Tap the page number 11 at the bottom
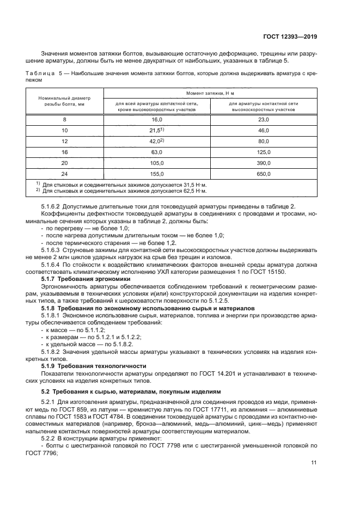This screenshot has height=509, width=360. point(314,463)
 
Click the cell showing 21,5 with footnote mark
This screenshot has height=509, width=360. point(157,131)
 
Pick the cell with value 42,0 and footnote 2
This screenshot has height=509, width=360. point(157,141)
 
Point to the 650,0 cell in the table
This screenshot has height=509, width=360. point(264,174)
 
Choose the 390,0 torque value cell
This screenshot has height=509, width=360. point(264,163)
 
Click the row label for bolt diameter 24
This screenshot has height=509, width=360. point(65,174)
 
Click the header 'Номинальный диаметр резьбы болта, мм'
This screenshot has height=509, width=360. point(65,101)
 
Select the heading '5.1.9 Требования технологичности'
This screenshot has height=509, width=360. point(94,365)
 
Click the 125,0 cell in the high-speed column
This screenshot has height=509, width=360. point(264,152)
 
